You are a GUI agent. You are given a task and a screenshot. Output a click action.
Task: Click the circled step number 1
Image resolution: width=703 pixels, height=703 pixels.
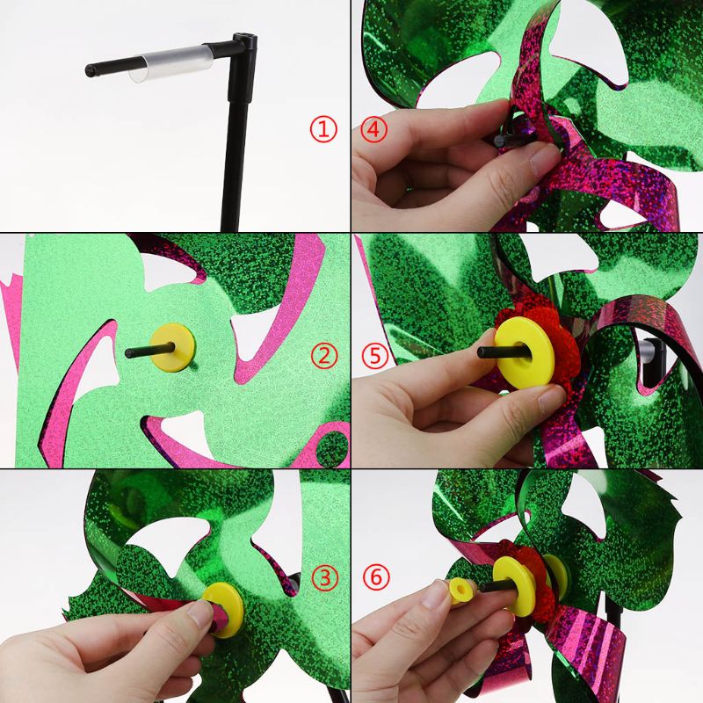323,129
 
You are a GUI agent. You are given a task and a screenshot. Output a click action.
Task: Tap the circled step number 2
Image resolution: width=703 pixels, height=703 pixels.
323,356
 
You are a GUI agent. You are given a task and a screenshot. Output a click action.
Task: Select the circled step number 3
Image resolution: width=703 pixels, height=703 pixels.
324,578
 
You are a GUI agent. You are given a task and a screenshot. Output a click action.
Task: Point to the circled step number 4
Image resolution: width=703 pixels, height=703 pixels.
373,129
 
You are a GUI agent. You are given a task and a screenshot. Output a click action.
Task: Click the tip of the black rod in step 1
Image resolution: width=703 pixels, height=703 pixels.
89,70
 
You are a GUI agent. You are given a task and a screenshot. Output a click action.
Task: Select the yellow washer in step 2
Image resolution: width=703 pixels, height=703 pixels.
172,348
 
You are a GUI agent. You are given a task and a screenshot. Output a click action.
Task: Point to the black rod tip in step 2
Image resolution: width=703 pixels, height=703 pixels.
128,353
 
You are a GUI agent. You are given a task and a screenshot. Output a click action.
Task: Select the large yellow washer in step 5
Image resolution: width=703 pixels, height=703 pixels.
524,352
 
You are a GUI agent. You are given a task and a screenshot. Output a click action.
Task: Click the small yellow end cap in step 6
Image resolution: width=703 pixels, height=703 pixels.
460,591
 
